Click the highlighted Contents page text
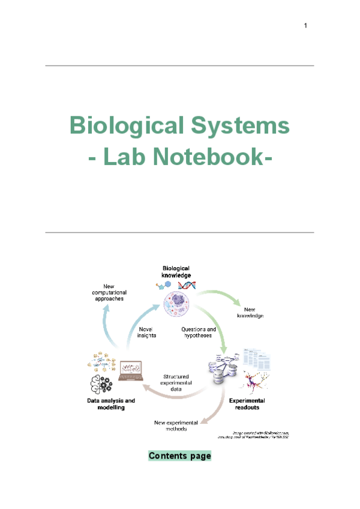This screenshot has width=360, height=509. [180, 456]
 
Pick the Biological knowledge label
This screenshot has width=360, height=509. [176, 271]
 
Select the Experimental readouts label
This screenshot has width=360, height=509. [247, 404]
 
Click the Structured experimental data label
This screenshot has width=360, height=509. [177, 382]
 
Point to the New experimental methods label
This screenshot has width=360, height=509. [179, 426]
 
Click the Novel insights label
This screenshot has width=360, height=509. [147, 333]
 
